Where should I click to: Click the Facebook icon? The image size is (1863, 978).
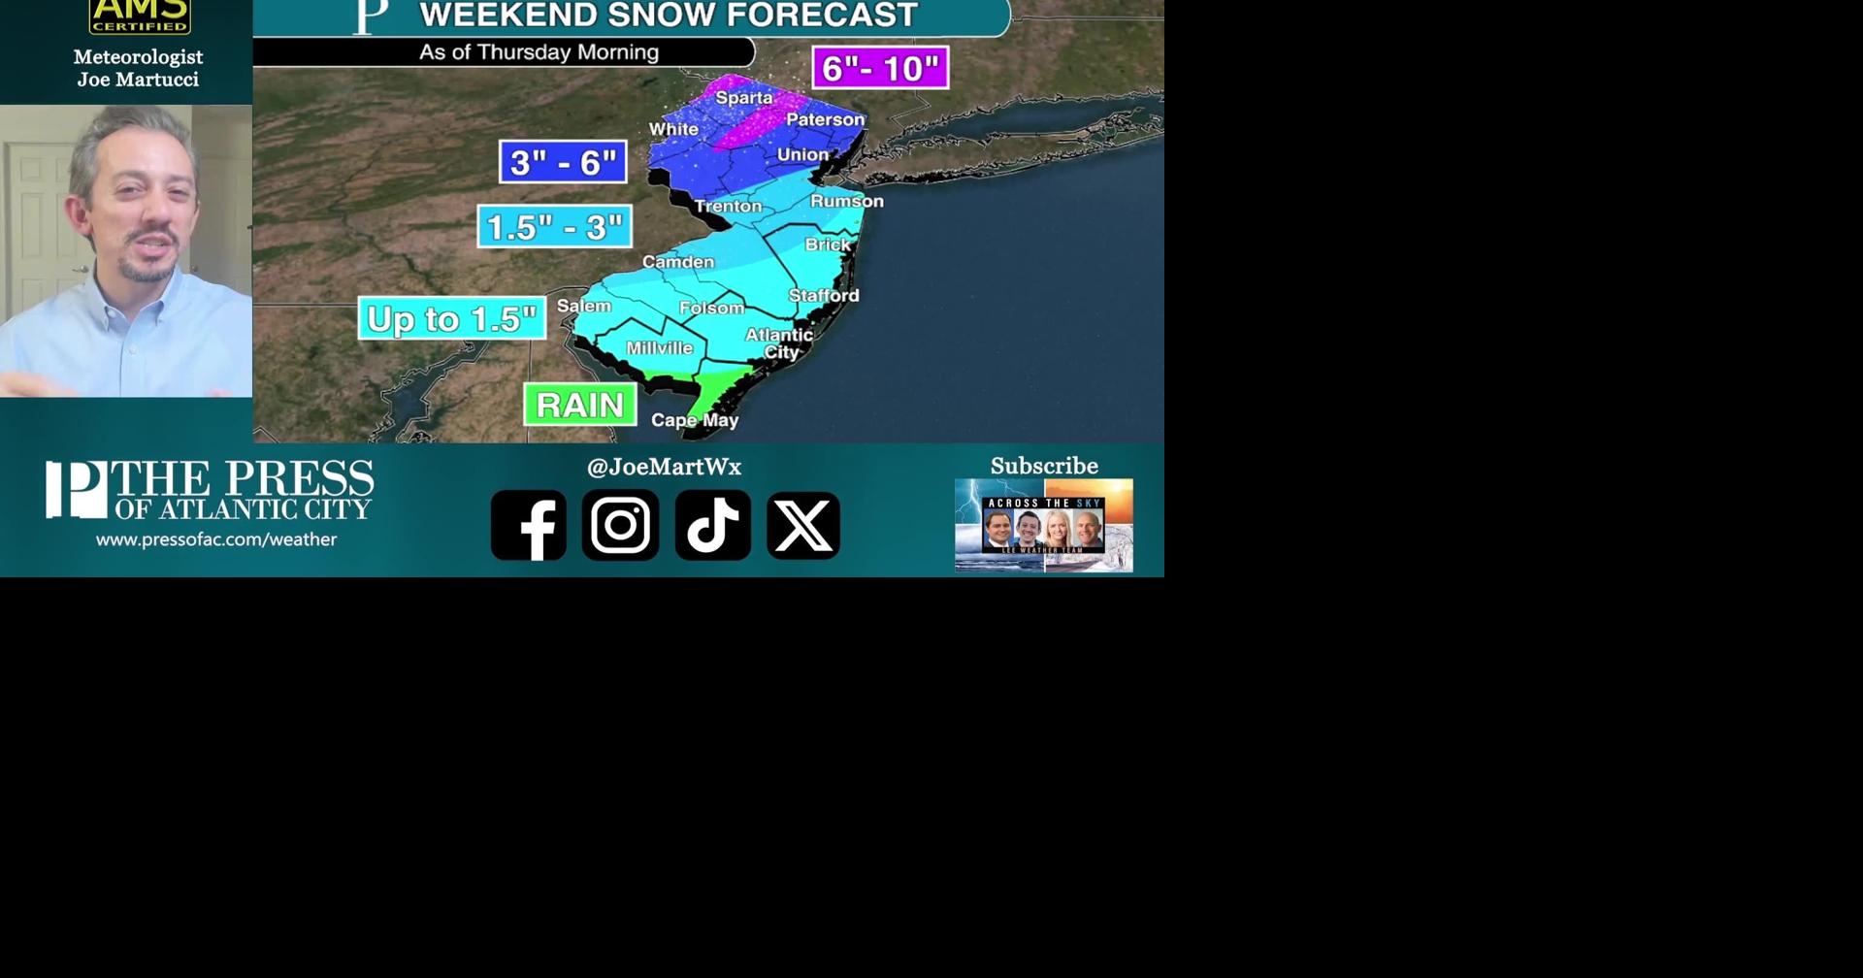tap(529, 525)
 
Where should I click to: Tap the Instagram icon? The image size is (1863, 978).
tap(621, 525)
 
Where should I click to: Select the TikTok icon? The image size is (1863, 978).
tap(713, 525)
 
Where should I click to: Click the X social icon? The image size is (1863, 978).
tap(803, 525)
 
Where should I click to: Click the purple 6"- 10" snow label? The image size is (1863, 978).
tap(880, 68)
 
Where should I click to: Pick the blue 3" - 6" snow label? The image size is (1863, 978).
tap(563, 162)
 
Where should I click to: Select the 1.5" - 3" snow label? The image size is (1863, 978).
tap(554, 227)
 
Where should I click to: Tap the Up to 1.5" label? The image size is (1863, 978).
tap(452, 318)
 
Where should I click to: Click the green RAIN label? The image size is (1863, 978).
tap(580, 405)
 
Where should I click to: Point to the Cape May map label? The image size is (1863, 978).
tap(695, 420)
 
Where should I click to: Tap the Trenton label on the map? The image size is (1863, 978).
tap(729, 206)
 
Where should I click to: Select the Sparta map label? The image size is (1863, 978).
tap(744, 97)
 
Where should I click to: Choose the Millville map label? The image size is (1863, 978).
tap(660, 348)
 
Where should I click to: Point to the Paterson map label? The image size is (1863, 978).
tap(825, 119)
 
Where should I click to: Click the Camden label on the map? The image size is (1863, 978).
tap(678, 262)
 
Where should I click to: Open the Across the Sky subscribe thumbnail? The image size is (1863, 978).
tap(1044, 525)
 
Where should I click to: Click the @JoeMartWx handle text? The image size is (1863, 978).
tap(664, 467)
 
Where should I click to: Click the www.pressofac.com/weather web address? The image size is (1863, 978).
tap(216, 539)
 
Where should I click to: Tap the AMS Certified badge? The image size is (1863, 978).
tap(140, 16)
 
